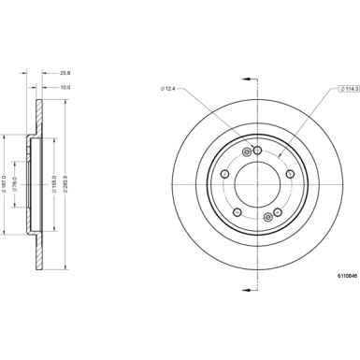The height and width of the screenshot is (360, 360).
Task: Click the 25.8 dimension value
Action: pyautogui.click(x=65, y=73)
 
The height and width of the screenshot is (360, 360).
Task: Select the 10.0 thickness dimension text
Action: pyautogui.click(x=65, y=87)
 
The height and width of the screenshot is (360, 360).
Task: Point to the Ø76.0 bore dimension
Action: pyautogui.click(x=15, y=184)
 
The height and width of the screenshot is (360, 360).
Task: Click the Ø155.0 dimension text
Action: pyautogui.click(x=54, y=183)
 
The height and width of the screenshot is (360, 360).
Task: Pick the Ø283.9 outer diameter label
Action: pyautogui.click(x=65, y=183)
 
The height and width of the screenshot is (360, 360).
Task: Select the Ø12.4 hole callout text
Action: pyautogui.click(x=168, y=89)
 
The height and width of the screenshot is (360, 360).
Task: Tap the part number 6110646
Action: pyautogui.click(x=347, y=276)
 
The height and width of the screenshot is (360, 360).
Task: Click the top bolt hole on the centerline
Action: pyautogui.click(x=257, y=151)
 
